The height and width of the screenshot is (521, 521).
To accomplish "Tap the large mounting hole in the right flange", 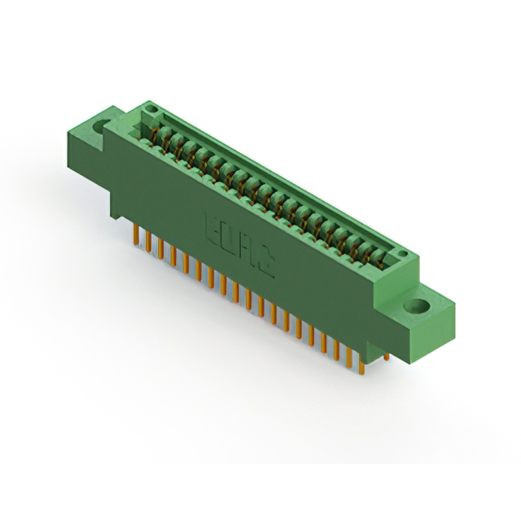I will (x=418, y=308).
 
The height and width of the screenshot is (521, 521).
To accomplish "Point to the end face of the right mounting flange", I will (x=444, y=321).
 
